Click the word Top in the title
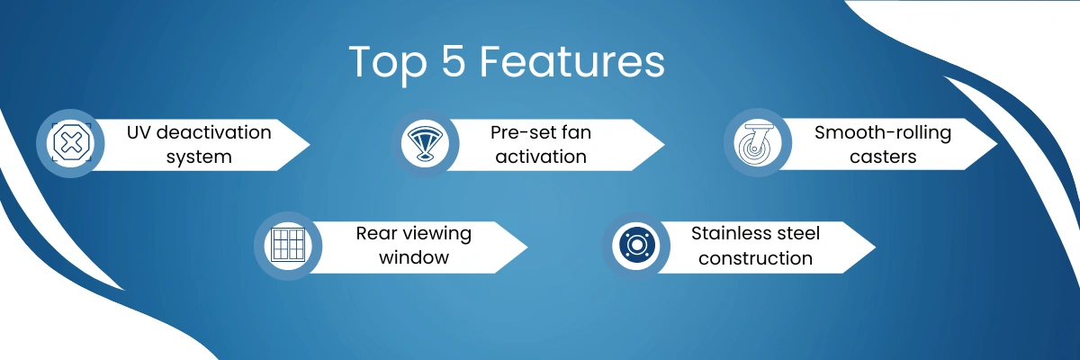pyautogui.click(x=388, y=63)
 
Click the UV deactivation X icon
pyautogui.click(x=71, y=143)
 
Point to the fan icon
pyautogui.click(x=425, y=143)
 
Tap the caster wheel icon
pyautogui.click(x=757, y=143)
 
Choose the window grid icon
pyautogui.click(x=288, y=246)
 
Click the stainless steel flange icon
pyautogui.click(x=636, y=246)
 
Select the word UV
pyautogui.click(x=139, y=132)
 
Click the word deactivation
pyautogui.click(x=214, y=132)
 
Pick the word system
pyautogui.click(x=199, y=157)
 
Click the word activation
pyautogui.click(x=541, y=157)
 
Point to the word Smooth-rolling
pyautogui.click(x=883, y=133)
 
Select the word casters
pyautogui.click(x=883, y=157)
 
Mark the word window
pyautogui.click(x=414, y=257)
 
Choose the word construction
pyautogui.click(x=755, y=258)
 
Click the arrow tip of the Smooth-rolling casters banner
pyautogui.click(x=996, y=144)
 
